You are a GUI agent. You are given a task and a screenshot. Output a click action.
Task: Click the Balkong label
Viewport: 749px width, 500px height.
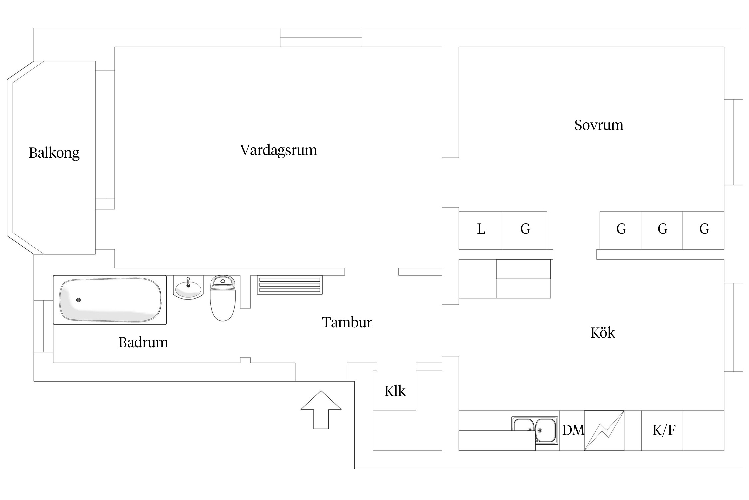click(x=54, y=153)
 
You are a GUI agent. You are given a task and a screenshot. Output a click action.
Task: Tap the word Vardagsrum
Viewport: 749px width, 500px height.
click(x=278, y=150)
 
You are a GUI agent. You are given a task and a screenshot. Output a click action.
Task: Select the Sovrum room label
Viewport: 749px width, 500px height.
click(x=599, y=125)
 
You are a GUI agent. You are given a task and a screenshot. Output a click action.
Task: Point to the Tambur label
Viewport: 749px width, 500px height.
click(x=346, y=322)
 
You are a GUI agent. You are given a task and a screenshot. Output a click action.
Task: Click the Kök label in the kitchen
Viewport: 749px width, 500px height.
click(x=602, y=333)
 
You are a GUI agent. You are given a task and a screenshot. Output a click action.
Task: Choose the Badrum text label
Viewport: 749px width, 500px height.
click(x=143, y=342)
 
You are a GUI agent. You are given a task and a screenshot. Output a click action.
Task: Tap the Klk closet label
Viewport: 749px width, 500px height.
click(x=395, y=391)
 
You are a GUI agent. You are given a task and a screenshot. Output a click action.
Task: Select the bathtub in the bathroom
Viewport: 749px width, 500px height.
click(x=110, y=300)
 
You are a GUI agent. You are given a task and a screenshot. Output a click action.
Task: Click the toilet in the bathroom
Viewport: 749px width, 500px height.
click(x=223, y=298)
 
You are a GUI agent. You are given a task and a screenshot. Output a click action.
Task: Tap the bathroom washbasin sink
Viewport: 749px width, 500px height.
click(x=188, y=287)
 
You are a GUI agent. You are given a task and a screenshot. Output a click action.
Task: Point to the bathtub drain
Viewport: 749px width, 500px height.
click(x=78, y=300)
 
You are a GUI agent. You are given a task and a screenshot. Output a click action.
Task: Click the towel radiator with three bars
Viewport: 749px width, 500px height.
click(x=290, y=285)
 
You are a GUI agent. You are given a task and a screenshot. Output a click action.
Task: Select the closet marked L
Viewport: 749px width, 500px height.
click(x=481, y=230)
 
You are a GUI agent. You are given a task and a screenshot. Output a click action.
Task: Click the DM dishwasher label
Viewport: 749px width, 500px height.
click(x=573, y=430)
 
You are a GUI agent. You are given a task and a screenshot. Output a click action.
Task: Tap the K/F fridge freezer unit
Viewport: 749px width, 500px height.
click(x=663, y=430)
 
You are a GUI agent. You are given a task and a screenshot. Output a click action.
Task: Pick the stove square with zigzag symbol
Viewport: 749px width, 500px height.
click(x=604, y=430)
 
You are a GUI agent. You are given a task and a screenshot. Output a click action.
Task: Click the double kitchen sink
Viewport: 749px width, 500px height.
click(x=535, y=430)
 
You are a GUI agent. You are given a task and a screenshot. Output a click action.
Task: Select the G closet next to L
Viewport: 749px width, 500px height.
click(x=525, y=230)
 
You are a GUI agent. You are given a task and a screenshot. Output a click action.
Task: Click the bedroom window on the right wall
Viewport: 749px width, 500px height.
click(x=734, y=142)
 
